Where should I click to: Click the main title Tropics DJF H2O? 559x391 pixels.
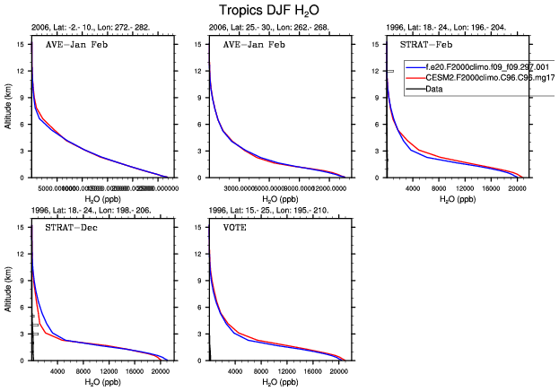pos(278,11)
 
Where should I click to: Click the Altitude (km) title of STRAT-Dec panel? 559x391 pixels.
pos(8,287)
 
